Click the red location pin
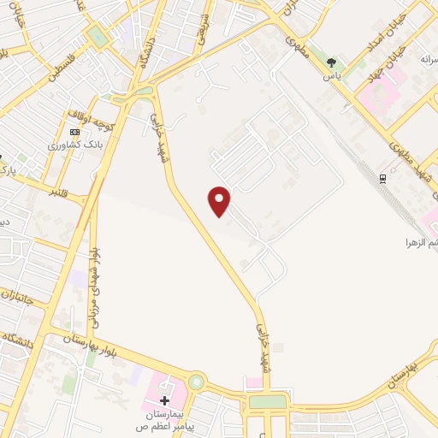coord(220,200)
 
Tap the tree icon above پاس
coord(332,62)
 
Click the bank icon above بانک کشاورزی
coord(74,133)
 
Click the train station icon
coord(382,179)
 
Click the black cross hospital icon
coord(165,400)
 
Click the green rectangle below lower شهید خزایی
coord(268,400)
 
